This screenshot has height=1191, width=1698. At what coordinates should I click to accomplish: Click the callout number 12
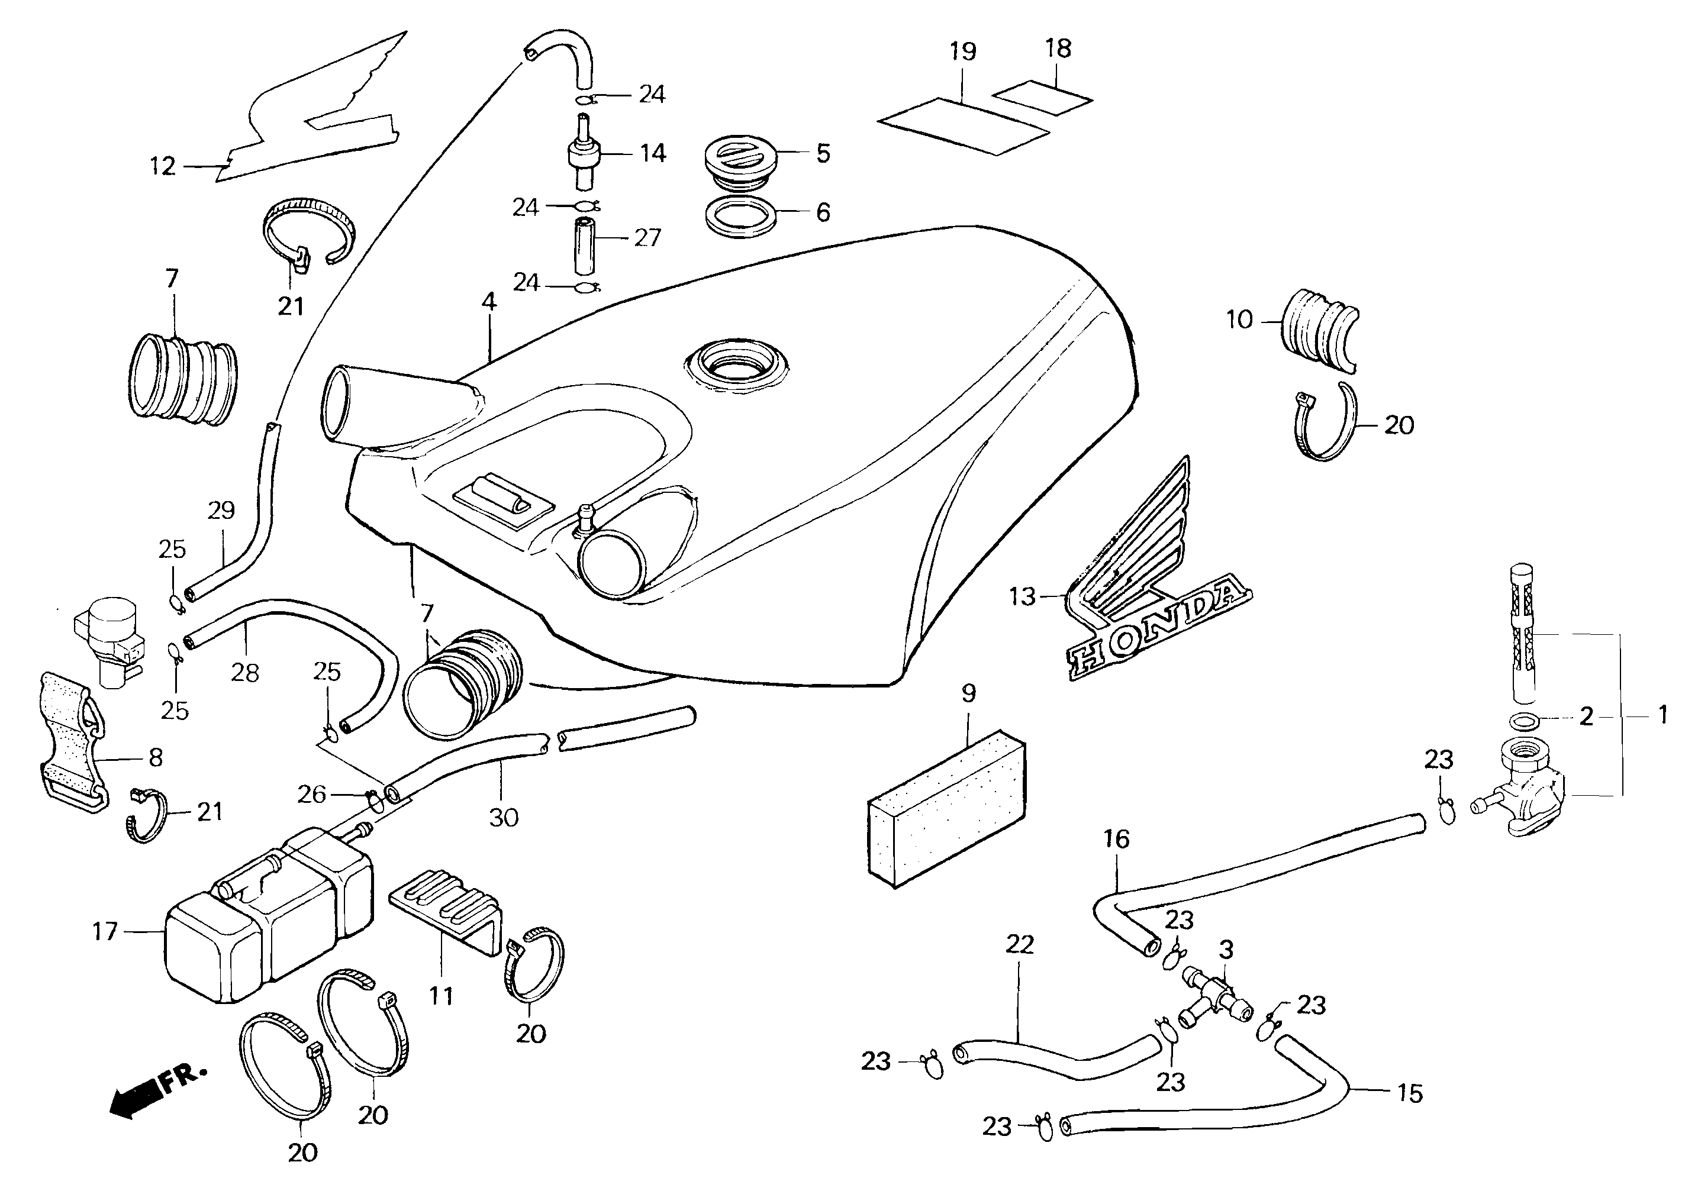(x=163, y=166)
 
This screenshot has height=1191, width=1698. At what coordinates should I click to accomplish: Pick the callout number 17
(x=105, y=931)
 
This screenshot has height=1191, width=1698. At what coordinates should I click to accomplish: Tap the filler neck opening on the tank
(x=736, y=366)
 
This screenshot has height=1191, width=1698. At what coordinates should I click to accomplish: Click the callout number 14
(x=652, y=153)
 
